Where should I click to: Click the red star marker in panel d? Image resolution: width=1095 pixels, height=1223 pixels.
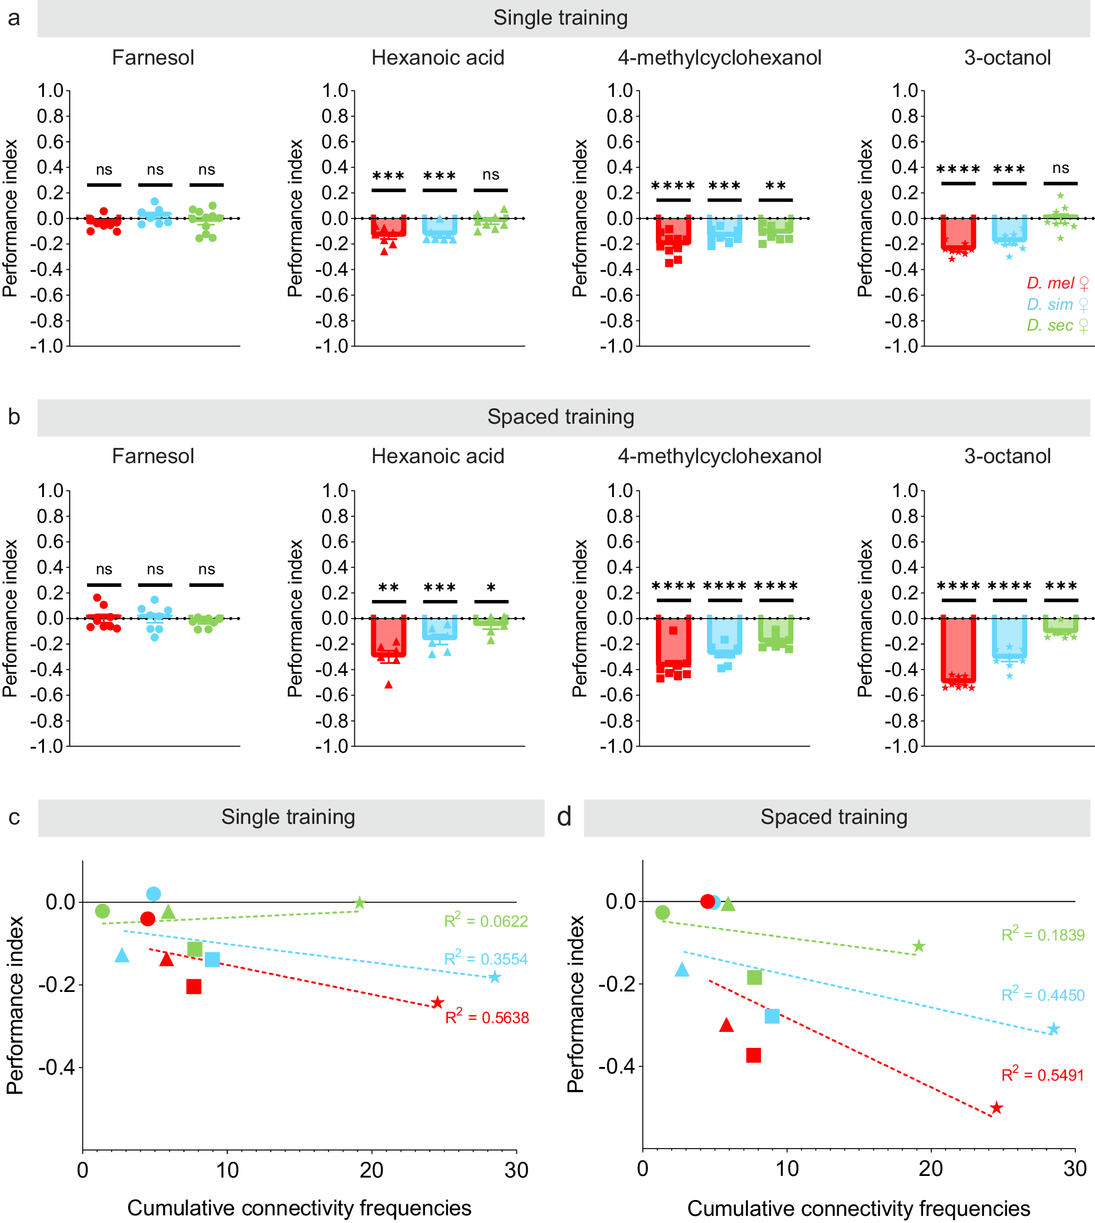tap(996, 1107)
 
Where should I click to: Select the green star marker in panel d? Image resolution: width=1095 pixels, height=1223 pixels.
tap(918, 945)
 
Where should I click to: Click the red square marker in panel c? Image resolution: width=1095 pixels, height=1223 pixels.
tap(194, 986)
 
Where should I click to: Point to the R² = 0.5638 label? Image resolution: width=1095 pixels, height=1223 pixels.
tap(487, 1017)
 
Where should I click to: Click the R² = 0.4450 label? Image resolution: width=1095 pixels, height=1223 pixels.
tap(1042, 994)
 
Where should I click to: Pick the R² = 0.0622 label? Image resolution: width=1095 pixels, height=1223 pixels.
tap(486, 920)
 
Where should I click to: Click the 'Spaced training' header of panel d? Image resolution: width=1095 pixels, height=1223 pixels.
tap(833, 817)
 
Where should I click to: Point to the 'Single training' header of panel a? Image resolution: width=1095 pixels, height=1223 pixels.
tap(560, 18)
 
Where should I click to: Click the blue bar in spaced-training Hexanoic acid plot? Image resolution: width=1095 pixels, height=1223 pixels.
tap(440, 628)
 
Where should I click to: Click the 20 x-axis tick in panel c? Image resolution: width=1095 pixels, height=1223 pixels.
tap(371, 1170)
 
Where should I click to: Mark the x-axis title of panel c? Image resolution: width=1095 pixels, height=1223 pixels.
tap(299, 1207)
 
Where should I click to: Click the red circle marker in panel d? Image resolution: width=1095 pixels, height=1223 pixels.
tap(707, 901)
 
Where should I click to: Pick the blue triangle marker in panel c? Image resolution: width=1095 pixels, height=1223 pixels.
tap(122, 955)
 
